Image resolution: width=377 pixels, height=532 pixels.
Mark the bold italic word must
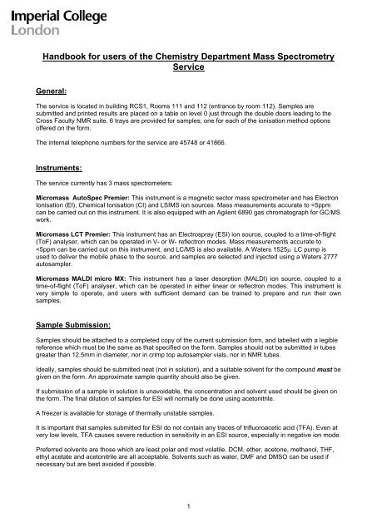327,372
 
